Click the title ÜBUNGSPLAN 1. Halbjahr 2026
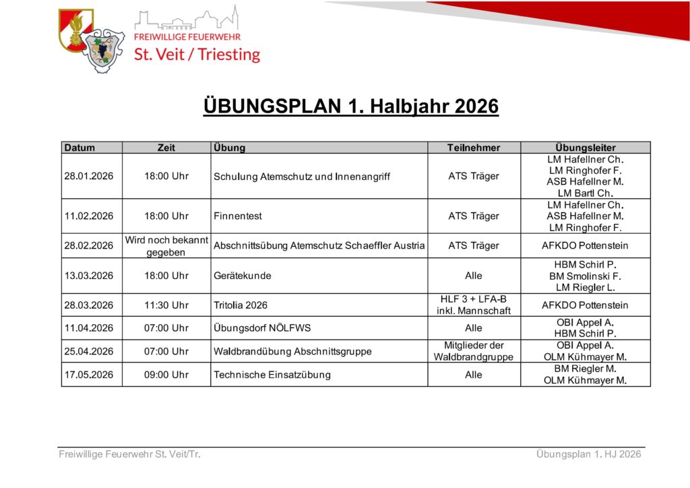(350, 106)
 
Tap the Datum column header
(80, 148)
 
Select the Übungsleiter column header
(586, 148)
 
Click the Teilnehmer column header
(474, 148)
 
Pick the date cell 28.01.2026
(89, 176)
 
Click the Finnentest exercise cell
(238, 216)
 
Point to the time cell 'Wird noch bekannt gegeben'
(166, 246)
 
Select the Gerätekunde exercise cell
(243, 276)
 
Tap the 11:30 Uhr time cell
(166, 305)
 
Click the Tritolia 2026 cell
(241, 305)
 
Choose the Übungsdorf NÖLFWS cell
(262, 328)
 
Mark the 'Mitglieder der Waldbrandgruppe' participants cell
(474, 351)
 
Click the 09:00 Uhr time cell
(166, 375)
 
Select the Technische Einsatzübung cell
(272, 375)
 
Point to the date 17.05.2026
(89, 375)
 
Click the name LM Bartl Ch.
(586, 193)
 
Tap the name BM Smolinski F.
(586, 276)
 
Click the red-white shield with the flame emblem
(75, 30)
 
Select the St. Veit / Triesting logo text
(197, 55)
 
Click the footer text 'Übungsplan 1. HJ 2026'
(588, 454)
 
